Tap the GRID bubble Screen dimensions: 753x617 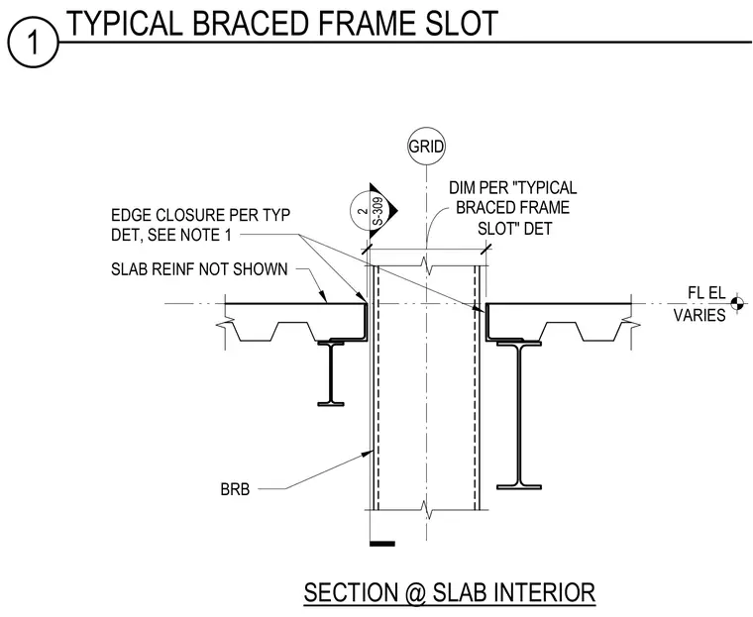click(426, 146)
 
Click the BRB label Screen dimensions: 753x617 click(235, 489)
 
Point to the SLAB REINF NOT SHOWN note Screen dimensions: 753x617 click(199, 269)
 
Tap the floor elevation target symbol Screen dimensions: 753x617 click(737, 303)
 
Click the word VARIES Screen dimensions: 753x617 click(699, 316)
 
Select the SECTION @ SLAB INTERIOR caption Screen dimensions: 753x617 click(450, 592)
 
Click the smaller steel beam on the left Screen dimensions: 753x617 click(331, 373)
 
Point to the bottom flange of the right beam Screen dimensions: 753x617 click(518, 487)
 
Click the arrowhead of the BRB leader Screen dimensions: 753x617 click(370, 452)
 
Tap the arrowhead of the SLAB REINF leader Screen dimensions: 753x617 click(324, 297)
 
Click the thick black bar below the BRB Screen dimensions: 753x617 click(382, 544)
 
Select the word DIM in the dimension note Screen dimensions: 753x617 click(460, 188)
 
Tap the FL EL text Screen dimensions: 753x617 click(706, 292)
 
